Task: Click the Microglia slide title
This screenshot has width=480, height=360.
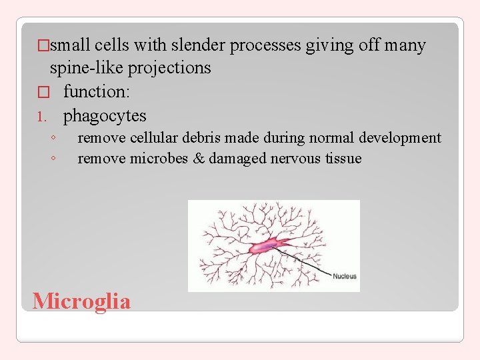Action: (81, 301)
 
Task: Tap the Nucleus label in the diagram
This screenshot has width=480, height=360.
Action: (344, 276)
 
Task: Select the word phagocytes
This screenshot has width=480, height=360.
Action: (105, 116)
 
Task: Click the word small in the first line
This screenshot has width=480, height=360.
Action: (71, 45)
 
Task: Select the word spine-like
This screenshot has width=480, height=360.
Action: (83, 68)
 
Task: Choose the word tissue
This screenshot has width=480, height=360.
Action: (341, 159)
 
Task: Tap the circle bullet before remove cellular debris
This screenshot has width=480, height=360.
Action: (52, 138)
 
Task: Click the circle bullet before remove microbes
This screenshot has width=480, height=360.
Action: (52, 159)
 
